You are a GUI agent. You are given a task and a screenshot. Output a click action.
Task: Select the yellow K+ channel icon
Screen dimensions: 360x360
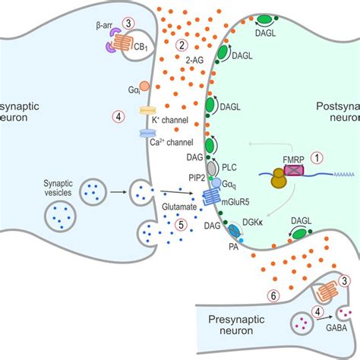point(148,111)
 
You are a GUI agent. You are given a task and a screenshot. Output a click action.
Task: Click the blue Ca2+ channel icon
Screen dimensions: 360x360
point(147,133)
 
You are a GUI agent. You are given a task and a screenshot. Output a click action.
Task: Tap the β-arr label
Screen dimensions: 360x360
point(105,25)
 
